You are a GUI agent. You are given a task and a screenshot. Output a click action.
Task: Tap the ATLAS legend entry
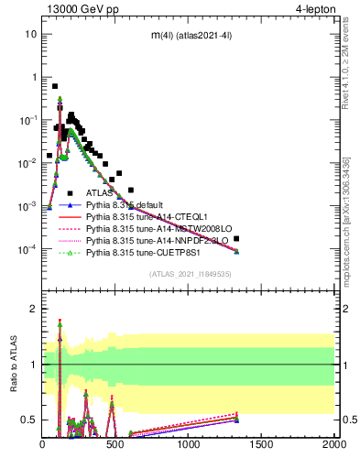[100, 193]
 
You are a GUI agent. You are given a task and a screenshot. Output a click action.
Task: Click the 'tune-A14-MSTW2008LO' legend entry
[153, 232]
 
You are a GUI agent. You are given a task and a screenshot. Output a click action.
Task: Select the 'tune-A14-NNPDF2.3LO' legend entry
[154, 245]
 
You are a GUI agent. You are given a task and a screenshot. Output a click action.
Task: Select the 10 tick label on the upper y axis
[30, 34]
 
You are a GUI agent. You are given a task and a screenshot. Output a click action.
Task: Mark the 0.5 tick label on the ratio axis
[28, 420]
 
